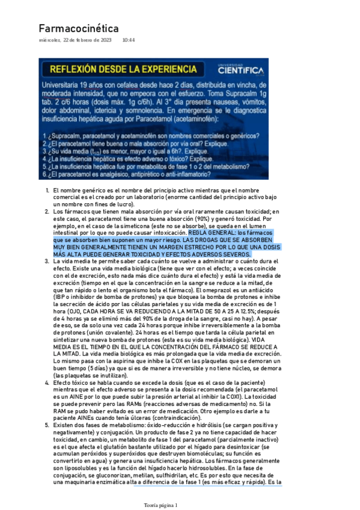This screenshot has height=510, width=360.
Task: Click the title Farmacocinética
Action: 78,28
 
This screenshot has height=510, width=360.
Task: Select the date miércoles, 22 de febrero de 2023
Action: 75,40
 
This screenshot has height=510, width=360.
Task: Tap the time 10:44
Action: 128,40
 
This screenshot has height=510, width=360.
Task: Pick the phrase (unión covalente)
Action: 100,333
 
